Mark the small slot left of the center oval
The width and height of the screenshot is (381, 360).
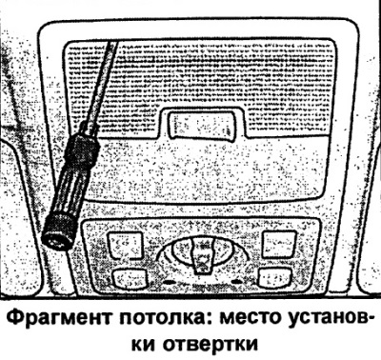click(x=164, y=282)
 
